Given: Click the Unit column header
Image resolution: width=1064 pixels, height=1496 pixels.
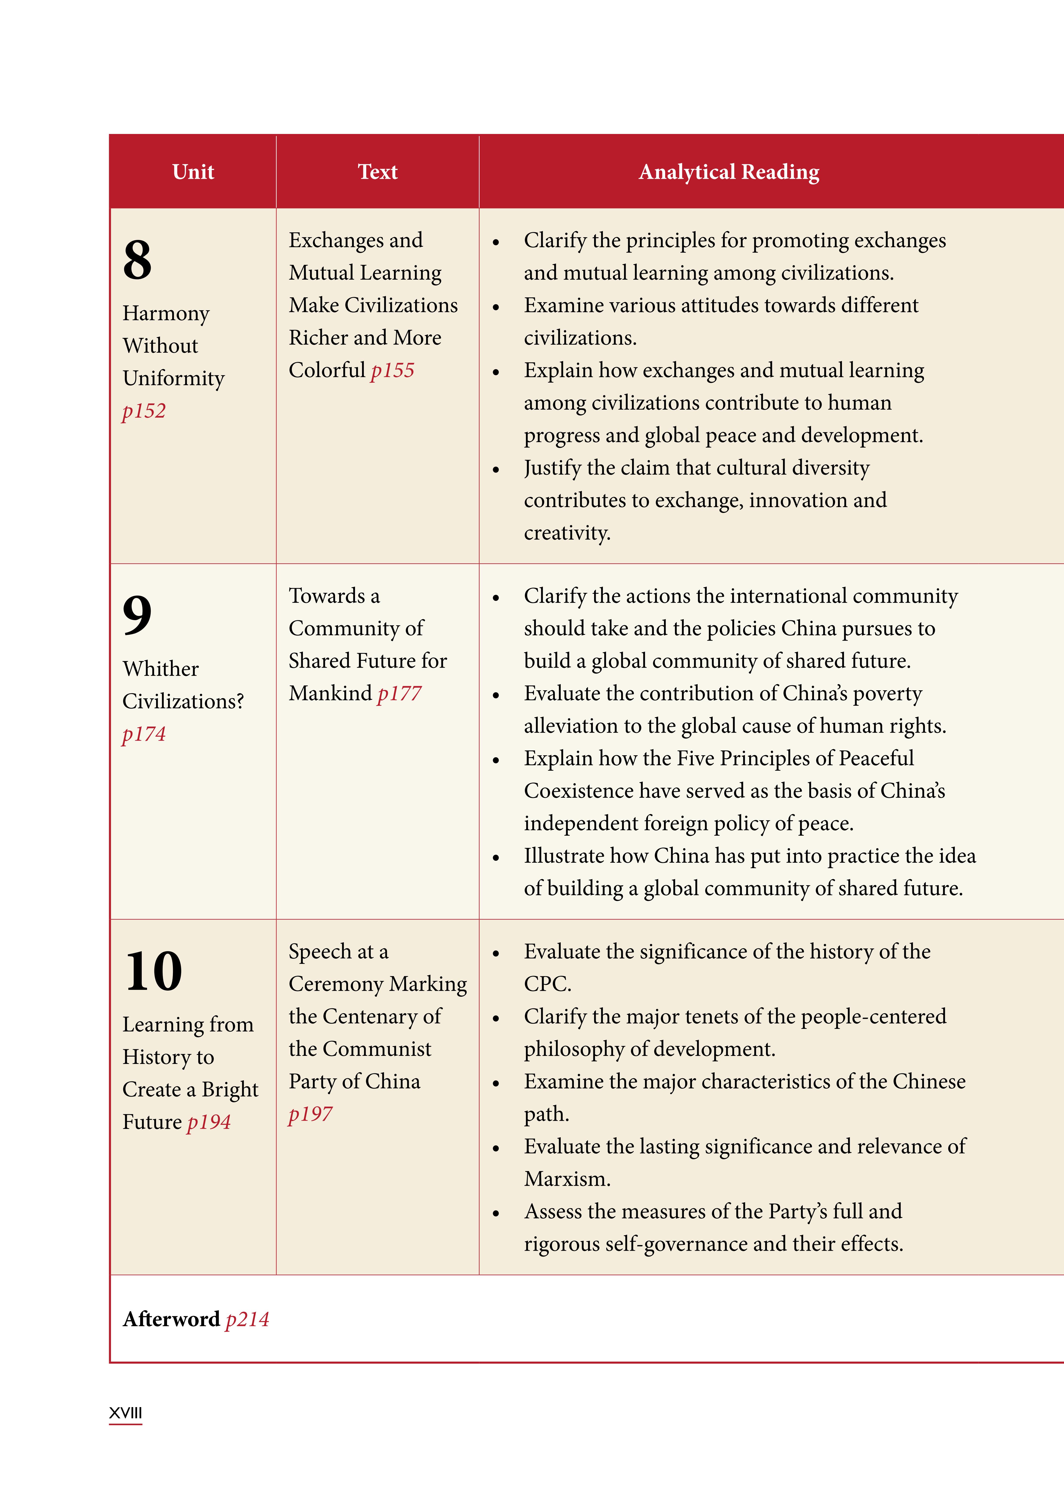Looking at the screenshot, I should (193, 172).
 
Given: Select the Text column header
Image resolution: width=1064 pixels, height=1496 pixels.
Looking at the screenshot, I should (377, 172).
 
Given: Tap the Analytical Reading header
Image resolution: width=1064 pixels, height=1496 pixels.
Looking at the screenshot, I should (728, 172).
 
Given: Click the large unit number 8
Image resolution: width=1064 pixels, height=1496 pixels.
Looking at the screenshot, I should (138, 259).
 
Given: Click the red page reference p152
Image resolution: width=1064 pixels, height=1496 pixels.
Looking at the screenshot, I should (144, 411).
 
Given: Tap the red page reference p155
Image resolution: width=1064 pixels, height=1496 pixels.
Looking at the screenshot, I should (392, 370).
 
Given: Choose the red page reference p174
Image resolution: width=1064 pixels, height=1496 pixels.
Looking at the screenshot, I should (144, 734).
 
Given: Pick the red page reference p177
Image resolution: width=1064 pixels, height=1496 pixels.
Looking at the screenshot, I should (400, 693).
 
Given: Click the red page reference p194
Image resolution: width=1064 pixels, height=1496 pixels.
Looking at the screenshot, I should (209, 1122).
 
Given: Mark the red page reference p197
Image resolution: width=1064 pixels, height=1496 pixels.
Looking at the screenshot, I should (310, 1114).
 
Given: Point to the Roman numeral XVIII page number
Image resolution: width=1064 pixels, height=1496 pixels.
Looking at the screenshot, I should (125, 1413).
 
